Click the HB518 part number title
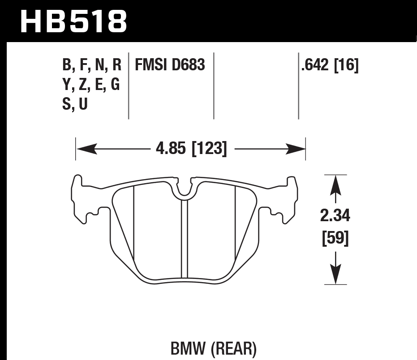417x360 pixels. point(74,21)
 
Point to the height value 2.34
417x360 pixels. point(335,217)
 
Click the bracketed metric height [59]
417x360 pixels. point(335,239)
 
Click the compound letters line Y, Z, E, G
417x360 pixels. point(92,85)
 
